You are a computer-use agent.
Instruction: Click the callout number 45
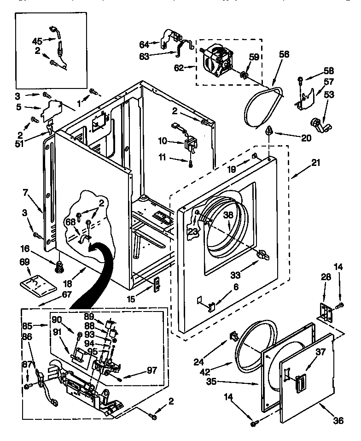(37, 40)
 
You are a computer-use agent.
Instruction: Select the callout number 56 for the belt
(284, 54)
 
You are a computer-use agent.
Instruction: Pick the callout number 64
(144, 44)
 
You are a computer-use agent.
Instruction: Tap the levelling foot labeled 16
(58, 266)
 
